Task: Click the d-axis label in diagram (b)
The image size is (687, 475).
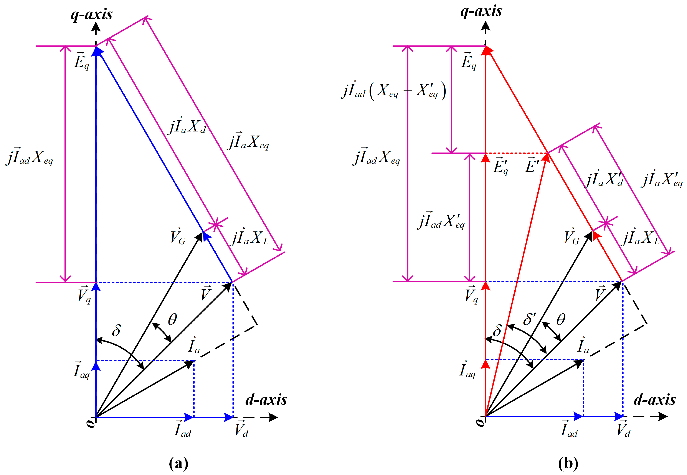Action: point(654,399)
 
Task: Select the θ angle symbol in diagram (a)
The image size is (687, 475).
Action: point(172,319)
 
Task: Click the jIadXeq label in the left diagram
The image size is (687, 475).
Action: point(30,157)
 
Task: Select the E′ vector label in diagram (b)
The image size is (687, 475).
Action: point(532,165)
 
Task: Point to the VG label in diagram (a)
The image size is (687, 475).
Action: point(178,237)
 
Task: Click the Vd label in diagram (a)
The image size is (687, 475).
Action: point(241,429)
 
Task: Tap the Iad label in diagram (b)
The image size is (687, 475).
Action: point(569,430)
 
